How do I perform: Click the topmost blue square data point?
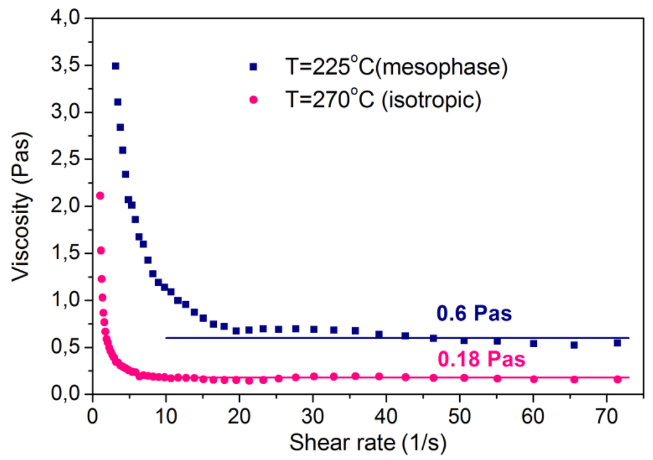(116, 66)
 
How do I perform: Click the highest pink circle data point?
(100, 196)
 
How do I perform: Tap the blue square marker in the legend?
(253, 66)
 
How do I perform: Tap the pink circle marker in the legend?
(253, 100)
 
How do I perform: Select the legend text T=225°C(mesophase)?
(397, 66)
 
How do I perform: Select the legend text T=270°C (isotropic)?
(383, 100)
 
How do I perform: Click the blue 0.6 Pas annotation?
(474, 313)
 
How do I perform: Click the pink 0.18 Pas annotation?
(481, 359)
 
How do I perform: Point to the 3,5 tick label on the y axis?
(66, 65)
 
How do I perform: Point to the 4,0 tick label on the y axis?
(66, 19)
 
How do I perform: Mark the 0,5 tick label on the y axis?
(66, 346)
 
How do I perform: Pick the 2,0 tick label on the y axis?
(66, 206)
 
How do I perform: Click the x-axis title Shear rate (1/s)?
(368, 443)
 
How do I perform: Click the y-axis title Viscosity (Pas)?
(21, 206)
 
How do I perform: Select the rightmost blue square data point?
(617, 343)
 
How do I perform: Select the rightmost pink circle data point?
(617, 379)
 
